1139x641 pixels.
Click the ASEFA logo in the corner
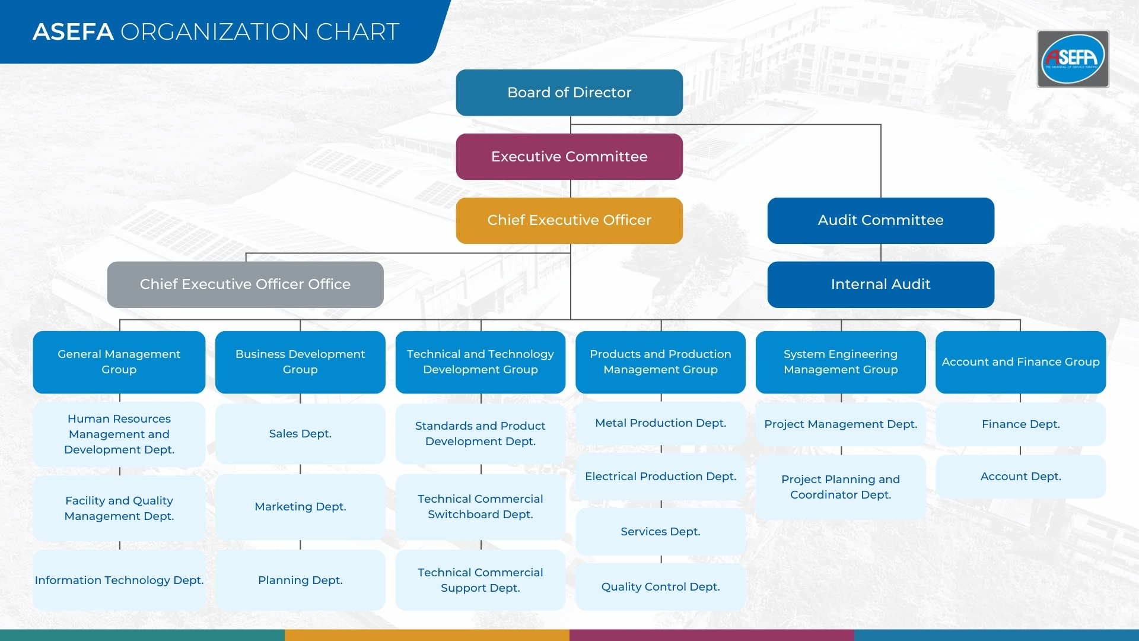[1073, 59]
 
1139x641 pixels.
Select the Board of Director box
[569, 93]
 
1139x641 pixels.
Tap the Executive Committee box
[569, 157]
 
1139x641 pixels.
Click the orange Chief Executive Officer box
[569, 220]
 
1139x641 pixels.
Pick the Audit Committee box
[880, 220]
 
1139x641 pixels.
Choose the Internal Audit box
[880, 284]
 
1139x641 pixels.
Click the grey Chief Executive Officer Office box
[245, 284]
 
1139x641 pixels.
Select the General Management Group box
[119, 362]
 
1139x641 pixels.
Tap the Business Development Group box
[300, 362]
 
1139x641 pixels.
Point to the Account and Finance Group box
[1020, 362]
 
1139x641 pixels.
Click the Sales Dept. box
[300, 434]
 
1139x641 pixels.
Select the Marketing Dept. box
[300, 507]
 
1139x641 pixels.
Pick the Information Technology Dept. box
[119, 580]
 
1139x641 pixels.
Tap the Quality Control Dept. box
[660, 587]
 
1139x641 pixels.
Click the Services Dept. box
[660, 532]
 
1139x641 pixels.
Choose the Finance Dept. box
[1020, 424]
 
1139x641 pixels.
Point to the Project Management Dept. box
[841, 424]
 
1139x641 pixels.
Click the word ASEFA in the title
[73, 32]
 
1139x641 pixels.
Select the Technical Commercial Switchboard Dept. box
[480, 507]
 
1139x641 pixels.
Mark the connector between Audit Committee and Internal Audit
[881, 253]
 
